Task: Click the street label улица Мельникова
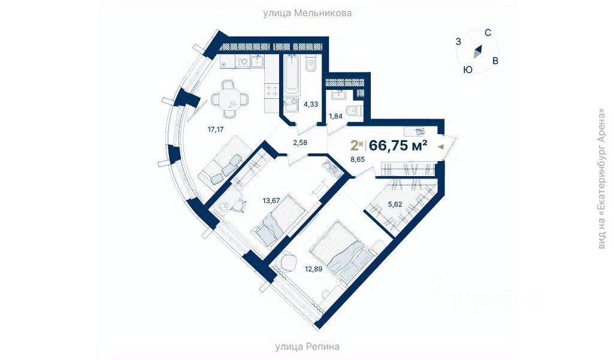[307, 13]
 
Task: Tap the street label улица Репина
[307, 346]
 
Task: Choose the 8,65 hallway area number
[358, 160]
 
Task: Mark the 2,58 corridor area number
[301, 142]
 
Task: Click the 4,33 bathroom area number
[310, 104]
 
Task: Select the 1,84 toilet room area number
[335, 116]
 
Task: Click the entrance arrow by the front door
[441, 146]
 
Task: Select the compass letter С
[488, 33]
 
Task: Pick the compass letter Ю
[468, 69]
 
